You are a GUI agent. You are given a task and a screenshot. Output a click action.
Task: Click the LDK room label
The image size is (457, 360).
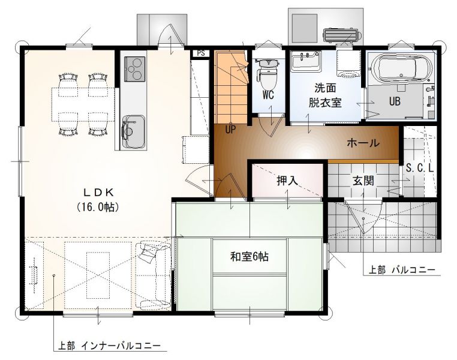point(98,192)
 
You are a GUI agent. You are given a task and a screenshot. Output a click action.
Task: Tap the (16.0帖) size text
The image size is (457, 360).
point(98,207)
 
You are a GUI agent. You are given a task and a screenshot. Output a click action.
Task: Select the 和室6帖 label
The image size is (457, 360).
point(249,257)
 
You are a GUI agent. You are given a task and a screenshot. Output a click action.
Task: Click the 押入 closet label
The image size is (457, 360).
point(287,181)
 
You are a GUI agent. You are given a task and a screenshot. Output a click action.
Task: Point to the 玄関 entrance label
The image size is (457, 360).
point(363,181)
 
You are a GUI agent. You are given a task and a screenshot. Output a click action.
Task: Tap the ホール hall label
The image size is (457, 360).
point(363,143)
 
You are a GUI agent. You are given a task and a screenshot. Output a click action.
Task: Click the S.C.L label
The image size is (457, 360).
point(420,168)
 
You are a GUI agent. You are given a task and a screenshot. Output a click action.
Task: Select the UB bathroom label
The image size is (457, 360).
point(395,101)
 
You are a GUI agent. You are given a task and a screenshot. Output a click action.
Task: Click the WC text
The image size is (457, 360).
point(268,95)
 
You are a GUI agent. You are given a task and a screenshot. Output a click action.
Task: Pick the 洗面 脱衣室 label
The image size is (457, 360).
point(325,95)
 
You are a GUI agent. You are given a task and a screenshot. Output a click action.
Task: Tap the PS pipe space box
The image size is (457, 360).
point(201,53)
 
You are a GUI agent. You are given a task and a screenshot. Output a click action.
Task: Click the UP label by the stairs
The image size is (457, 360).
point(230,130)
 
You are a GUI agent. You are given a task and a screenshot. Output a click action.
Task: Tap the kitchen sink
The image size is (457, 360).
point(134,131)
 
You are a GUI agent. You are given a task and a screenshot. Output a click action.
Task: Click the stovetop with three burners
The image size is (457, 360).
point(135,69)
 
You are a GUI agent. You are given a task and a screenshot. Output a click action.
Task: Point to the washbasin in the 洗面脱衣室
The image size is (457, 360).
point(306,61)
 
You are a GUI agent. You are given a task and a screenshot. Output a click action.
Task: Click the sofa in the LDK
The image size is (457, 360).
point(154,275)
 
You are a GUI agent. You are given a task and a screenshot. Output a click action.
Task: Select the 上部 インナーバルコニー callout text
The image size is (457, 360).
point(109,346)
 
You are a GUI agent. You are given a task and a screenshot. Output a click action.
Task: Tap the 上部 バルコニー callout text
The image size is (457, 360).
point(402,270)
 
